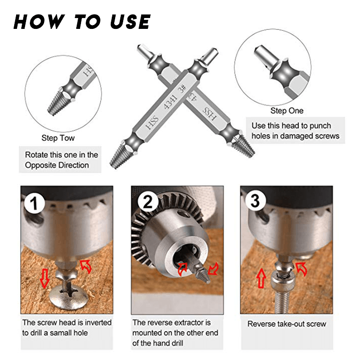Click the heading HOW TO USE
point(82,22)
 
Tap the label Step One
point(287,111)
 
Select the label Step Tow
point(58,138)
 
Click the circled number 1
point(35,203)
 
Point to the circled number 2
point(148,201)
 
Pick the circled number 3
point(255,201)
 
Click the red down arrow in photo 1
point(45,279)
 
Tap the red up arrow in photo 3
point(261,278)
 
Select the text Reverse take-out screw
point(287,324)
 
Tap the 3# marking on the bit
point(182,89)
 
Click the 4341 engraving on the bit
point(171,102)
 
